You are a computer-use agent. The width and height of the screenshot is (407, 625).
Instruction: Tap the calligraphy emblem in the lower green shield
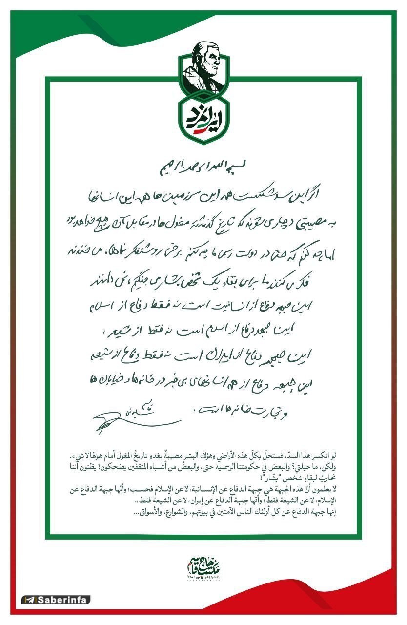click(x=203, y=118)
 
